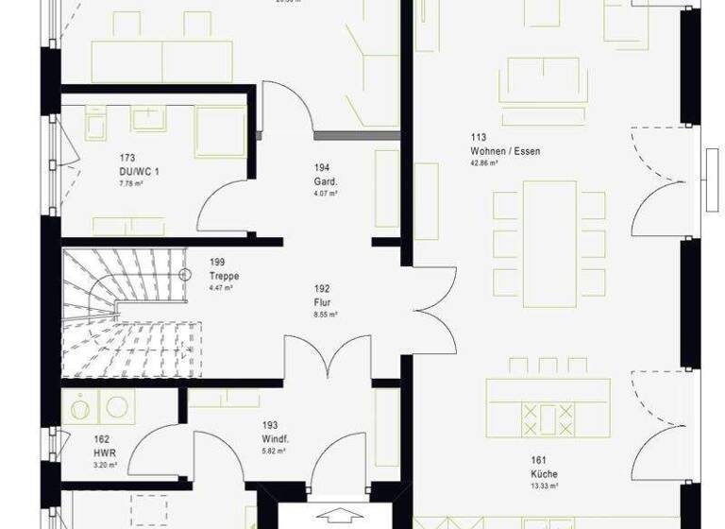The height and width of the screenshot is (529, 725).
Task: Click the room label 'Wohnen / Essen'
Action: click(506, 151)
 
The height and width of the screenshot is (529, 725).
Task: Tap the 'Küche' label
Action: click(544, 474)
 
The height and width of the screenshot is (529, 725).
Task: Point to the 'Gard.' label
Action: click(326, 181)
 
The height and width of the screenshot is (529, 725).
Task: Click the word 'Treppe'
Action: click(225, 276)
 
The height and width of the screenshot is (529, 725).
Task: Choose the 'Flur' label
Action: click(321, 303)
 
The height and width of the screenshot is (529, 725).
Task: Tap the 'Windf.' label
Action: click(276, 439)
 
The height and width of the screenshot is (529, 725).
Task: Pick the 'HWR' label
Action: click(103, 453)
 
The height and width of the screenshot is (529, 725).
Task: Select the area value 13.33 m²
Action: click(545, 486)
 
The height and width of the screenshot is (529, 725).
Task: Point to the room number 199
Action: click(218, 264)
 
